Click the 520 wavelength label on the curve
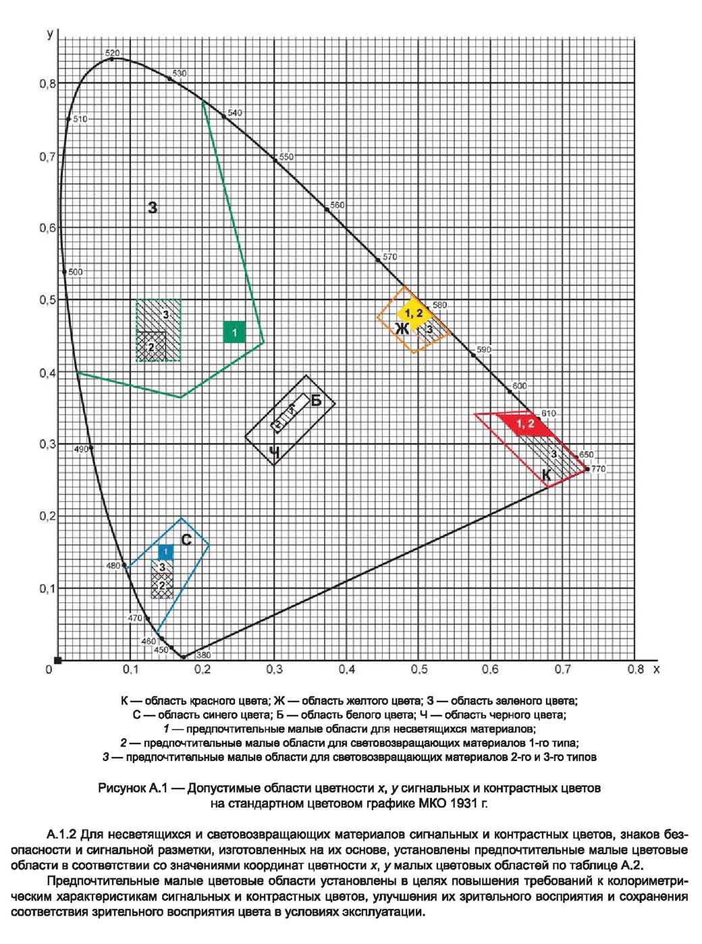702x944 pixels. (113, 53)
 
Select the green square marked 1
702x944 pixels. (234, 332)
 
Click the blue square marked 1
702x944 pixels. (165, 551)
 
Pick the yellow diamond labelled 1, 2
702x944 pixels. (414, 313)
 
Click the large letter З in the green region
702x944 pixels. (153, 208)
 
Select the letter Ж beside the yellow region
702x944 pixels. (402, 329)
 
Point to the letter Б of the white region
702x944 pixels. (316, 400)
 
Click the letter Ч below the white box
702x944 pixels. (274, 452)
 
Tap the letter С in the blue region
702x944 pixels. (186, 540)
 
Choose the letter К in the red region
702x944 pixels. (546, 475)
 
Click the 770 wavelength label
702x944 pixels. (599, 469)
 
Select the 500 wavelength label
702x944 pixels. (75, 272)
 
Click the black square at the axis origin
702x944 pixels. (58, 660)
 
